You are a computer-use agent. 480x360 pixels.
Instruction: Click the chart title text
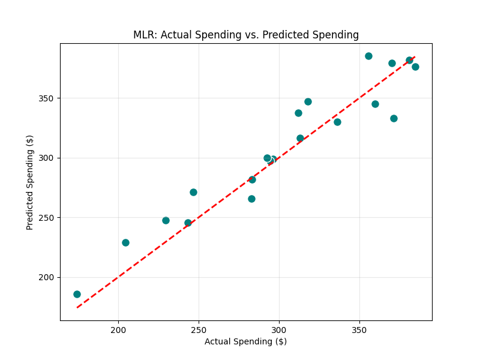pos(246,35)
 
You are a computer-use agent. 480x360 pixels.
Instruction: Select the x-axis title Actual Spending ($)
pos(245,341)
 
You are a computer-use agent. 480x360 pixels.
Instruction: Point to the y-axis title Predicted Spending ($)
pos(30,182)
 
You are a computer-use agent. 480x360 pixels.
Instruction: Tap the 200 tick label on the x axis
pos(118,331)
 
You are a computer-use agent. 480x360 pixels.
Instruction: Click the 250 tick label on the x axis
pos(199,331)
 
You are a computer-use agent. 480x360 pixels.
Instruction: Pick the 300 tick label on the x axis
pos(278,331)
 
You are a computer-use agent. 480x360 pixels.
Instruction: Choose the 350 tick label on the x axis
pos(359,331)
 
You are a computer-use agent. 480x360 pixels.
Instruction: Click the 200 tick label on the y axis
pos(46,278)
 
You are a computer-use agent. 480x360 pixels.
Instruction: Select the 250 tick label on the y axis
pos(46,218)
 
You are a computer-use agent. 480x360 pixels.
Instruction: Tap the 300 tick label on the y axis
pos(46,158)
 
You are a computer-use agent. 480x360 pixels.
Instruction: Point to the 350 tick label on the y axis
pos(46,98)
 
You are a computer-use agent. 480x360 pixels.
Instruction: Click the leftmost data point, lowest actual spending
pos(77,294)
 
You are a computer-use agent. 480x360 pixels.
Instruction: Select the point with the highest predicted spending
pos(368,56)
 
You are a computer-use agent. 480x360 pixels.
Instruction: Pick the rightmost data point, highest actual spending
pos(415,67)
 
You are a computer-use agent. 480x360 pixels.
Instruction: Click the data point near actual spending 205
pos(125,242)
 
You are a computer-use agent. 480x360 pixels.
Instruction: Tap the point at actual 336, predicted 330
pos(337,122)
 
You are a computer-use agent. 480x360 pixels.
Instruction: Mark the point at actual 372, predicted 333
pos(394,118)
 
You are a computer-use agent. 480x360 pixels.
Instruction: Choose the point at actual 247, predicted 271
pos(193,192)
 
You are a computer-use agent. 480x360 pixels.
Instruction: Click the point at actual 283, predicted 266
pos(251,199)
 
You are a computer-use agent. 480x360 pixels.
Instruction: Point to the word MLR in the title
pos(143,35)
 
